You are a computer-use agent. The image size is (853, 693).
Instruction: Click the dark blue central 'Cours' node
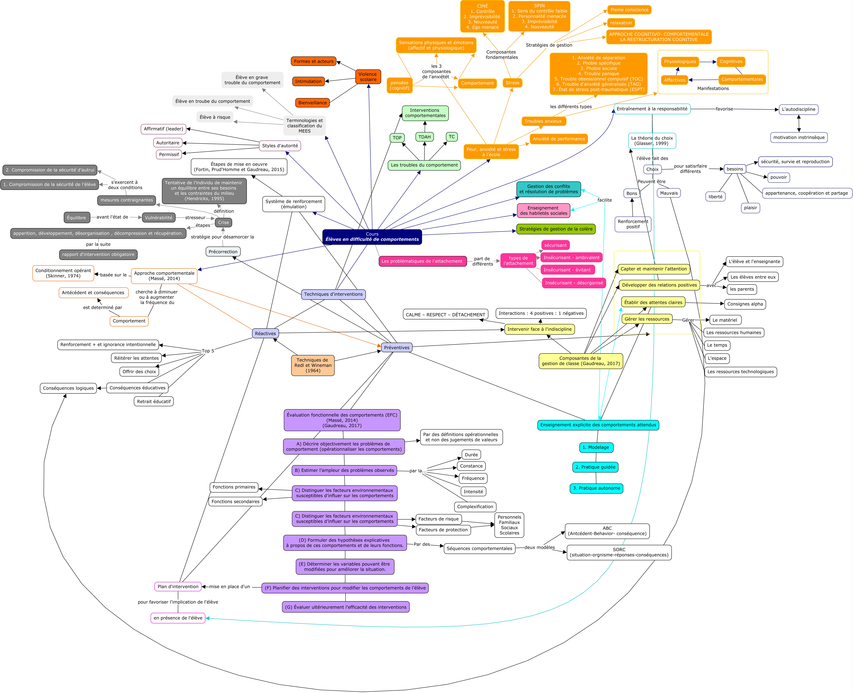click(372, 237)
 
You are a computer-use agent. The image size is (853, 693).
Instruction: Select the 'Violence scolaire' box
click(368, 77)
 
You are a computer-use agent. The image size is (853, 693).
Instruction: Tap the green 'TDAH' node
click(424, 137)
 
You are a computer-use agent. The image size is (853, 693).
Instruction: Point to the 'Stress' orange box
click(512, 83)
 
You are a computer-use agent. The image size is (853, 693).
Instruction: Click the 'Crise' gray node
click(223, 222)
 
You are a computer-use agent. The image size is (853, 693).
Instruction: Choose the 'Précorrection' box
click(223, 252)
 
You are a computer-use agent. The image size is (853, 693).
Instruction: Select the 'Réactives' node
click(265, 333)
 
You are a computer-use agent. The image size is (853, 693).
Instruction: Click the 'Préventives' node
click(397, 347)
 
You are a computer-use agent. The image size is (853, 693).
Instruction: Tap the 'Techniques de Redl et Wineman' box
click(313, 365)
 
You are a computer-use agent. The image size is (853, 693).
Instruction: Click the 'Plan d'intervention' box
click(178, 586)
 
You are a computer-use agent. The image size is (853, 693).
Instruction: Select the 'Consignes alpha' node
click(745, 304)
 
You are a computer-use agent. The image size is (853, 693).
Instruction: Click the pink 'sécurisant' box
click(555, 245)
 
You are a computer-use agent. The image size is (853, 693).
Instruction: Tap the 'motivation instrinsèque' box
click(799, 137)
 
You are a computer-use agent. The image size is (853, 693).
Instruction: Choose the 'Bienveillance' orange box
click(312, 103)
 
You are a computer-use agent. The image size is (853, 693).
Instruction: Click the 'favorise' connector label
click(724, 109)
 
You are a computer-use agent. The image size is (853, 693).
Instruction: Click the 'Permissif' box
click(169, 154)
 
